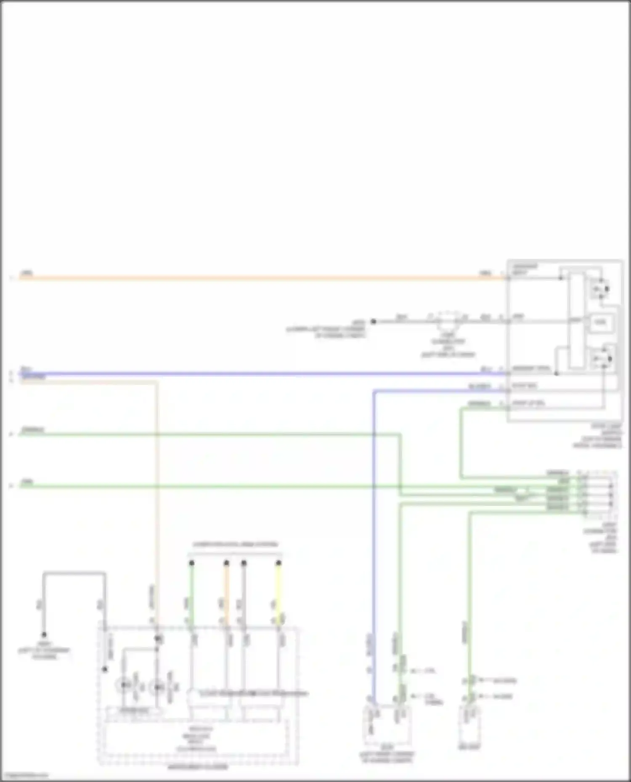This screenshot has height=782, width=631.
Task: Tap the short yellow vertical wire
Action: coord(278,592)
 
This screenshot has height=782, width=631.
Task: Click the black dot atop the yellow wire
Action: coord(278,563)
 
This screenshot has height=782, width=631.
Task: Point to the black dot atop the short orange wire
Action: coord(226,563)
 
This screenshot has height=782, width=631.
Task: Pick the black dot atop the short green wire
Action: coord(191,563)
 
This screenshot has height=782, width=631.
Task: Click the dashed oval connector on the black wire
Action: coord(448,321)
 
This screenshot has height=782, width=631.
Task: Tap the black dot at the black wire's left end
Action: coord(373,321)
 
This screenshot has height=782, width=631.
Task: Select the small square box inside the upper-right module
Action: coord(600,323)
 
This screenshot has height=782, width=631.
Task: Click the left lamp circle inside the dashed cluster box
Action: coord(123,685)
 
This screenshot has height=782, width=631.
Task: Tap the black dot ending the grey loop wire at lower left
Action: coord(44,635)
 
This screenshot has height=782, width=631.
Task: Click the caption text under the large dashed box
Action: coord(198,767)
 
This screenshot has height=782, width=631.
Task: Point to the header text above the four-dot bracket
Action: coord(235,545)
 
